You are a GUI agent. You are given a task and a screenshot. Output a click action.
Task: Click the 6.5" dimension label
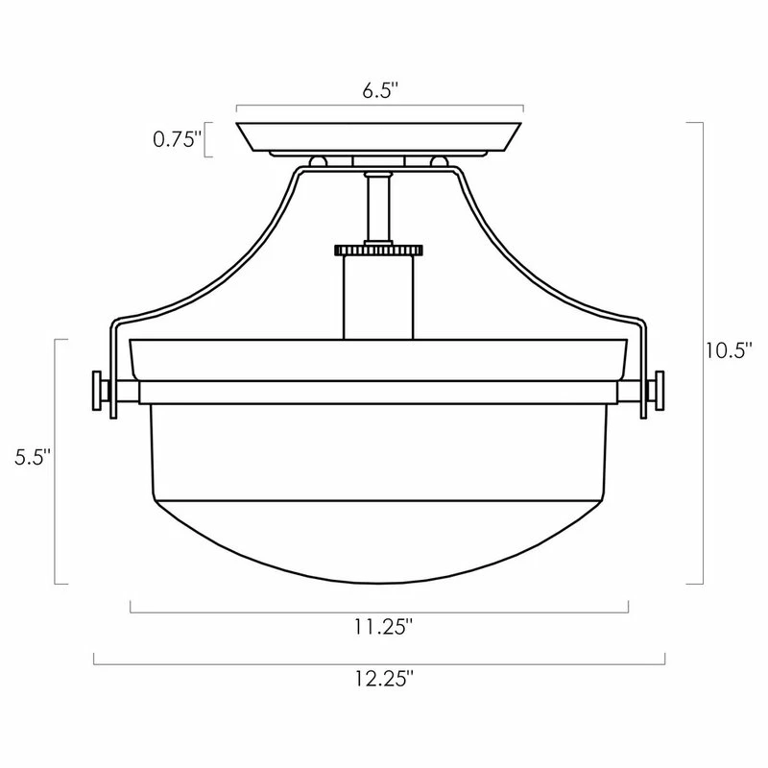(x=380, y=90)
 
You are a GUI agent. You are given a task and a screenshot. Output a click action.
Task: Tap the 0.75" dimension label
(x=178, y=140)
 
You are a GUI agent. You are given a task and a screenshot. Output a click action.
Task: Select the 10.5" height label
(x=729, y=350)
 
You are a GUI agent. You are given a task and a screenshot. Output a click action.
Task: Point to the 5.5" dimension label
(x=33, y=458)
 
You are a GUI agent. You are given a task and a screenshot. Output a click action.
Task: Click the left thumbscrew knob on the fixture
(x=101, y=390)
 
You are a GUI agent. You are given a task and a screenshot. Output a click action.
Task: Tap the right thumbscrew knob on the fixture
(x=656, y=390)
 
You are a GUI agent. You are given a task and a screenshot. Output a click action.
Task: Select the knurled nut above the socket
(x=378, y=251)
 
